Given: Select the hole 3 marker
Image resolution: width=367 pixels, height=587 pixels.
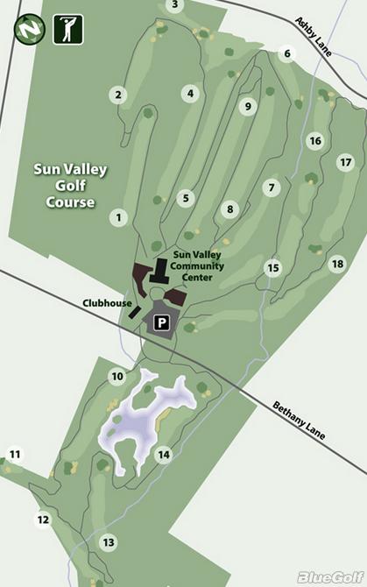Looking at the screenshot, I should click(x=175, y=5).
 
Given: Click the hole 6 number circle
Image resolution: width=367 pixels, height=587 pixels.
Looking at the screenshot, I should click(x=286, y=53).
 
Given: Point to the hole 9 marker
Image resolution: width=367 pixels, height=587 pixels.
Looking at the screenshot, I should click(x=248, y=106).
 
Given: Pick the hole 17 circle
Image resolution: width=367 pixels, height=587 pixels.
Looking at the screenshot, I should click(x=345, y=162).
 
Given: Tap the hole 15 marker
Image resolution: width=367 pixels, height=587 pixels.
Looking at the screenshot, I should click(x=273, y=268).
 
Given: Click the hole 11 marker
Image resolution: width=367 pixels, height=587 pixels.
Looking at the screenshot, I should click(x=14, y=454).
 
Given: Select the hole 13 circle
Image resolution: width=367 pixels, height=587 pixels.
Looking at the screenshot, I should click(x=109, y=543).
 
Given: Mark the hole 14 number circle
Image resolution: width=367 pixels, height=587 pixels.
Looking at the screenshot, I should click(x=163, y=455).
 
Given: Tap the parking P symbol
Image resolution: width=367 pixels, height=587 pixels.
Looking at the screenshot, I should click(x=161, y=323).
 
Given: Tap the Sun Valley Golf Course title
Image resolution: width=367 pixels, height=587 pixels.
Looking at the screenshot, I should click(x=69, y=184).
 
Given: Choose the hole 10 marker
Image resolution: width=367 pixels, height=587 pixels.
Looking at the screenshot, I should click(x=117, y=377).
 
